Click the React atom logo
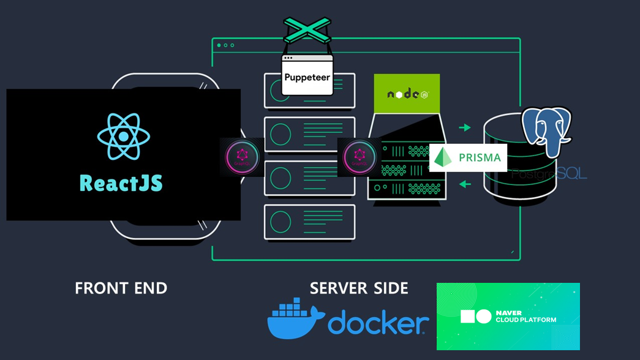click(123, 136)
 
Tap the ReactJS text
click(121, 182)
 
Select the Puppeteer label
click(307, 78)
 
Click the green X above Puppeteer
click(307, 31)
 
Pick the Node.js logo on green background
click(407, 94)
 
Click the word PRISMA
click(479, 158)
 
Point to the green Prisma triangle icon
click(443, 157)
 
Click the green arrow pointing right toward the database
click(465, 128)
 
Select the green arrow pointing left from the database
click(465, 184)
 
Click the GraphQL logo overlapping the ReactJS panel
click(242, 157)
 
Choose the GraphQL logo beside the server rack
click(360, 157)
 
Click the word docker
click(378, 323)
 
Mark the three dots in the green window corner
click(225, 45)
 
